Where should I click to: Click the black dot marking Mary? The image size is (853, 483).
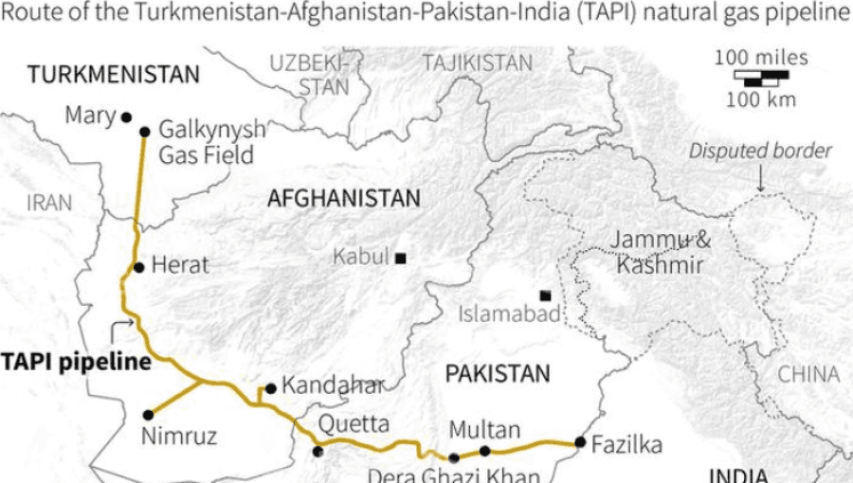pos(125,117)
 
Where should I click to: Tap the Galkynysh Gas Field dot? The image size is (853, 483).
pos(144,132)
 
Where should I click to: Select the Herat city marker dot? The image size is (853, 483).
pos(138,267)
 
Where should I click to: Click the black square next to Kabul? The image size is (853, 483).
pos(401,258)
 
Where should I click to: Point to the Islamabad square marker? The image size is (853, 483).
pos(545,295)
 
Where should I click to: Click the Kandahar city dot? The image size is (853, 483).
pos(270,387)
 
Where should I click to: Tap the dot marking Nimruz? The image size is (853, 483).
pos(148,414)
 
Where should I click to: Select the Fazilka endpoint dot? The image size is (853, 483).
pos(579,442)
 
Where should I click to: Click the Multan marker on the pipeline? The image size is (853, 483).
pos(484,451)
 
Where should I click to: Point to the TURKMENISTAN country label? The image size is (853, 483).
pos(114,75)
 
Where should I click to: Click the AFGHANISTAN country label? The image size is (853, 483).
pos(343,199)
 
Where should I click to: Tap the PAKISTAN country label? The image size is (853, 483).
pos(498,373)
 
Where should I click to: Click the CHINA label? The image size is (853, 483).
pos(808,374)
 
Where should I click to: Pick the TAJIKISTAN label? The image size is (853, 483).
pos(478,63)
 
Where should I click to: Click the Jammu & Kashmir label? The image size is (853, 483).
pos(660,252)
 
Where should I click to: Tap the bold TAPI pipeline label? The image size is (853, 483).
pos(76,361)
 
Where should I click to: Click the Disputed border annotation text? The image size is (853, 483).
pos(760,151)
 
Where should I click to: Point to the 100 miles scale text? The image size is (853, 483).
pos(761,58)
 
